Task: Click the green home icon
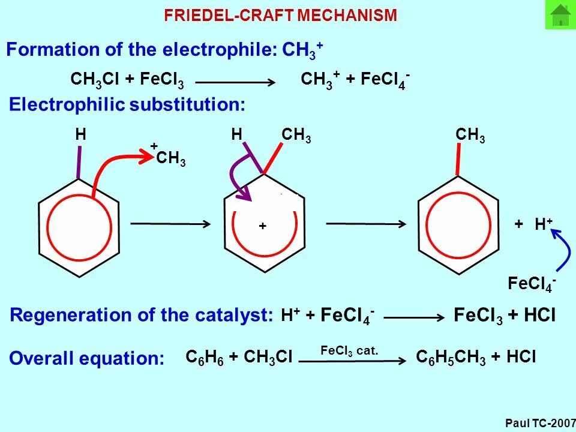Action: pos(560,15)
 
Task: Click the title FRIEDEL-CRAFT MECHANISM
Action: pos(281,16)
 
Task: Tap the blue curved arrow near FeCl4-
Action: pos(562,252)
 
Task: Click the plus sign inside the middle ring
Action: pos(262,226)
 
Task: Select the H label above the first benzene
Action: pos(80,135)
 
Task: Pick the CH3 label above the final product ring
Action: pos(470,136)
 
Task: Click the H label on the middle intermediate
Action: pos(236,135)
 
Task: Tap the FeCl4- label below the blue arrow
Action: pos(532,284)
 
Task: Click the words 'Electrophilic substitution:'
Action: pos(127,105)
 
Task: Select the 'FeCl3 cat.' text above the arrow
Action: pos(349,350)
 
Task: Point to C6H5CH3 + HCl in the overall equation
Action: pos(476,358)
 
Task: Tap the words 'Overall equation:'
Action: pos(87,359)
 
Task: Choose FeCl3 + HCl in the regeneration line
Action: pos(505,316)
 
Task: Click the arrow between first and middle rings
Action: pos(170,224)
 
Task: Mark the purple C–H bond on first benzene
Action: pos(79,161)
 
